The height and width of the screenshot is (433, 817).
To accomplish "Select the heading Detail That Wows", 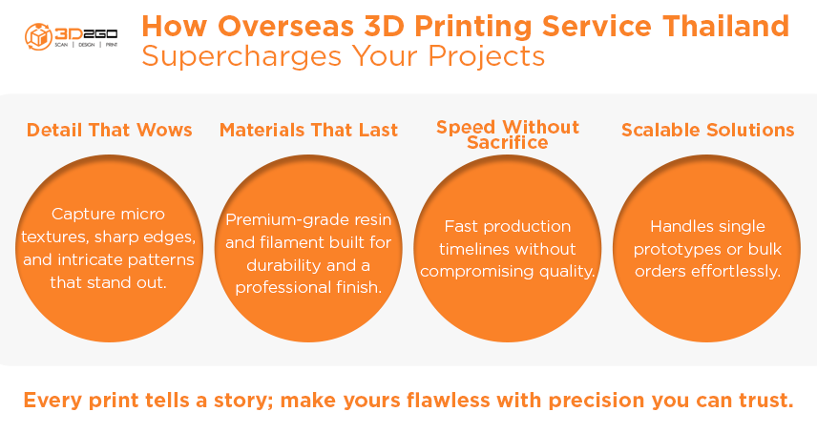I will click(109, 130).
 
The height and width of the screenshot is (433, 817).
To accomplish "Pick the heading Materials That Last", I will click(308, 130).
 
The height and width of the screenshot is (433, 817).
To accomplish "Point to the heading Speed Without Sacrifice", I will click(507, 134).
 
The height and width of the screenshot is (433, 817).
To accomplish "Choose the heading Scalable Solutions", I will click(707, 130).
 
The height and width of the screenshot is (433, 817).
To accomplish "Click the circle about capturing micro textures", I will click(109, 246).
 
